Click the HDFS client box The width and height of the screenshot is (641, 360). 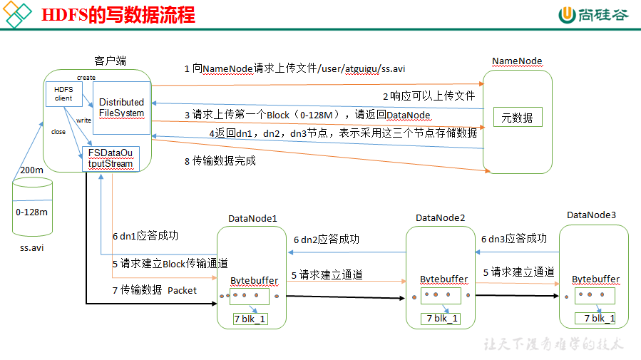point(64,94)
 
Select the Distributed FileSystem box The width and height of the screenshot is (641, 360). point(121,108)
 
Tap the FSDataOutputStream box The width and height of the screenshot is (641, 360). point(111,158)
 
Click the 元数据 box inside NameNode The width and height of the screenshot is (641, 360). point(518,118)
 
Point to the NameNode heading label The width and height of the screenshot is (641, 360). point(517,61)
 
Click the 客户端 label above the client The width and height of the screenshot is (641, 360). point(110,61)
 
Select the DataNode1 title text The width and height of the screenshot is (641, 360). point(252,219)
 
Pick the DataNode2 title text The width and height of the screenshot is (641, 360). point(440,218)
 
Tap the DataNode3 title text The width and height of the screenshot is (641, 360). point(591,215)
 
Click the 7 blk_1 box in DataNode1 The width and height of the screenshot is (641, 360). point(250,319)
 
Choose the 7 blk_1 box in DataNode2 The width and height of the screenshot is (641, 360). point(441,319)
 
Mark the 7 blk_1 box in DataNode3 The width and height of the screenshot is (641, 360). point(595,318)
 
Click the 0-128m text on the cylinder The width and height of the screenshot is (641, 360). point(32,212)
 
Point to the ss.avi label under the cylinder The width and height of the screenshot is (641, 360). point(32,247)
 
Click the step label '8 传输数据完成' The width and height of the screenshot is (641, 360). point(220,161)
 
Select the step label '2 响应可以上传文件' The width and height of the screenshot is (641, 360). point(429,96)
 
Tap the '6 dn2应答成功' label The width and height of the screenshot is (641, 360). point(327,240)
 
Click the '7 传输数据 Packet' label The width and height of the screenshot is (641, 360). point(155,290)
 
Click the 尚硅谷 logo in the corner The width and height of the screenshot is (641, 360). point(593,15)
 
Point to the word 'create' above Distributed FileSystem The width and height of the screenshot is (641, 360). point(86,78)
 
